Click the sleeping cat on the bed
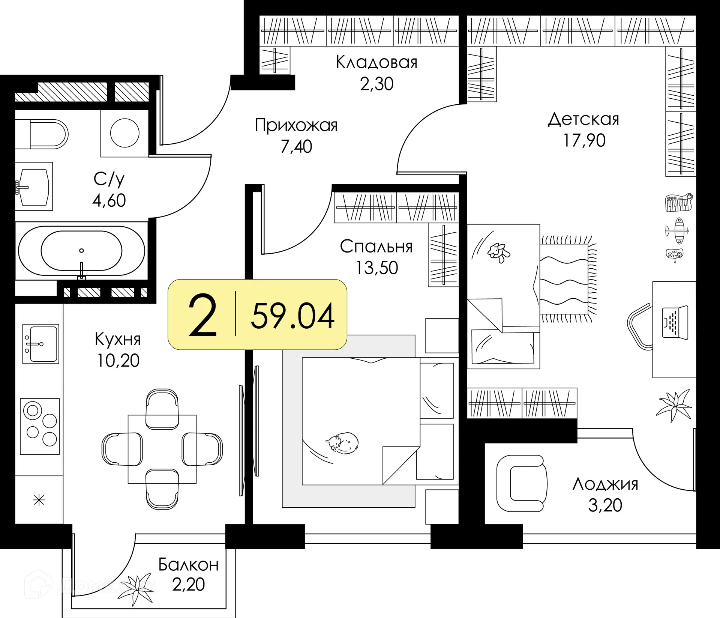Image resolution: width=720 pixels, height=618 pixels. tap(342, 442)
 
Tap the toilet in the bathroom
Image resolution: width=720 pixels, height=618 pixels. tap(42, 134)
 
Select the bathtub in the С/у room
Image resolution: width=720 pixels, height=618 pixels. tap(81, 251)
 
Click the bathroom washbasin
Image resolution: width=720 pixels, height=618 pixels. tap(33, 186)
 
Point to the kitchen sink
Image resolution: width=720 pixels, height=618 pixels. tap(40, 344)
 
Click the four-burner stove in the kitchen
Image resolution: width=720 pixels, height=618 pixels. tap(40, 426)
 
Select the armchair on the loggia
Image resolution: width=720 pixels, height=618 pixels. tap(522, 483)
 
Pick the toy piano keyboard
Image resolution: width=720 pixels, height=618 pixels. tap(679, 203)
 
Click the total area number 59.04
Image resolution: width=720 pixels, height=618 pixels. tap(292, 316)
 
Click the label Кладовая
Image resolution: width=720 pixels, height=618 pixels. tap(376, 62)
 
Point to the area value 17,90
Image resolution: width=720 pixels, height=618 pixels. tap(584, 140)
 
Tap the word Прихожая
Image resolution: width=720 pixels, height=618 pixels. tap(296, 125)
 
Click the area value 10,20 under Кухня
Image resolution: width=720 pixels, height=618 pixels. tap(118, 361)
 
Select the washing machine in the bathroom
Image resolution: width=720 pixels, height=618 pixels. tap(125, 133)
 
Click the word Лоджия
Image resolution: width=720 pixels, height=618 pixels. tap(605, 484)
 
